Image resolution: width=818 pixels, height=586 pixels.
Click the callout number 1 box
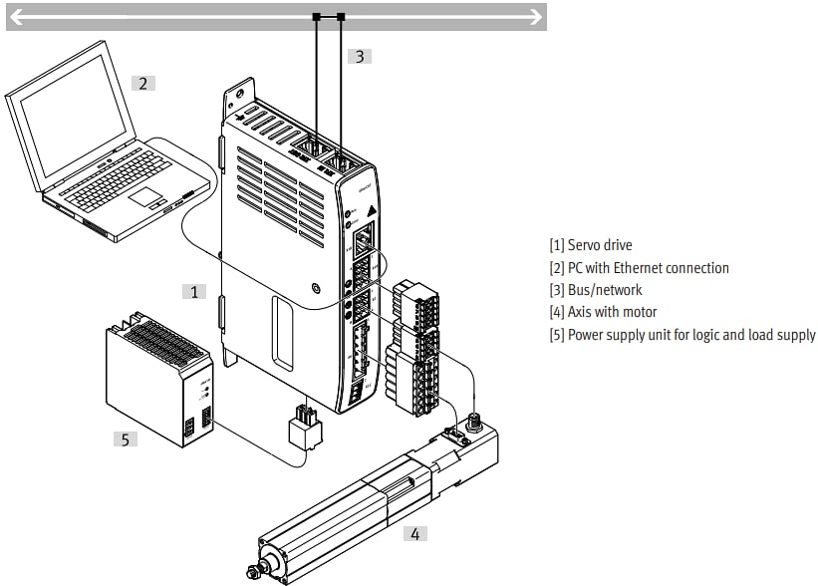click(194, 291)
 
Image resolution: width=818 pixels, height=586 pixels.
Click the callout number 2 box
click(142, 83)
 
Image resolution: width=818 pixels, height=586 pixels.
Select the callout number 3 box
click(360, 56)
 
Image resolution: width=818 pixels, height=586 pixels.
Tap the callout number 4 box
click(414, 533)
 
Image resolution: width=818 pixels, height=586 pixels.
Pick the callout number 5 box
click(125, 438)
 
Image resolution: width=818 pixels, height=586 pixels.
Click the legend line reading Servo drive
click(590, 245)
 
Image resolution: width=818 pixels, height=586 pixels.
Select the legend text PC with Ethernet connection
click(639, 268)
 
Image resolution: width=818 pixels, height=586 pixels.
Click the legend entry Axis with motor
click(603, 312)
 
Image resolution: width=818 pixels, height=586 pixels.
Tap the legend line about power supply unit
click(682, 335)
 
